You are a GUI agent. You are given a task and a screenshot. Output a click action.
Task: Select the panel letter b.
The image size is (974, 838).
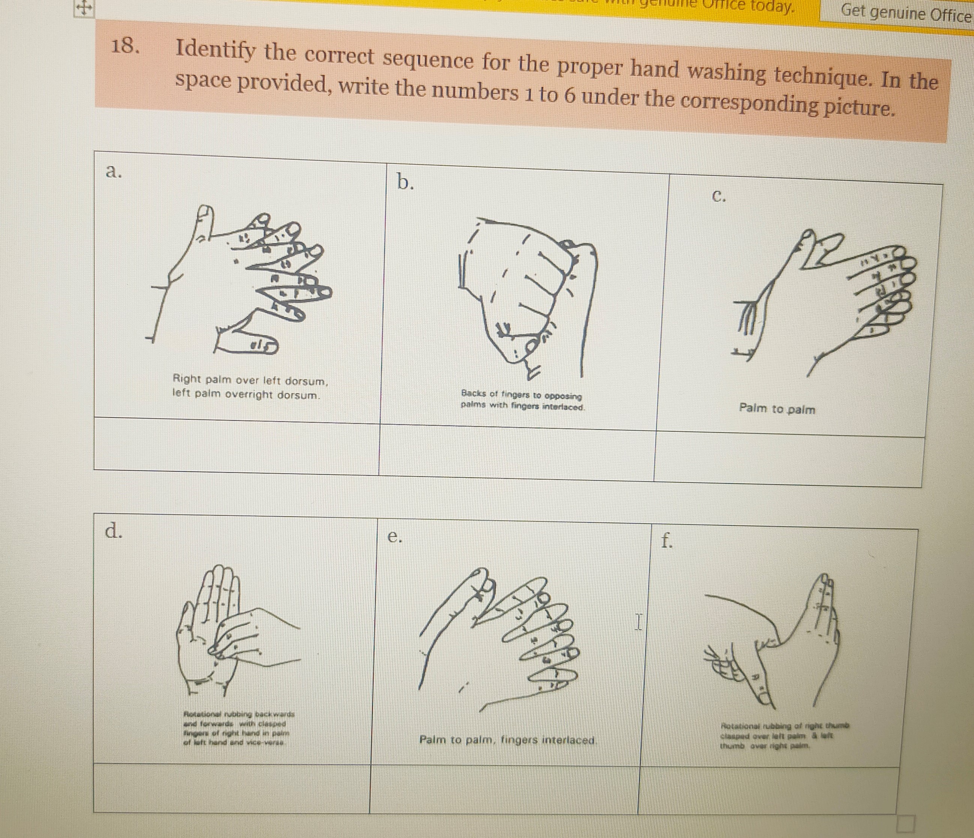click(405, 182)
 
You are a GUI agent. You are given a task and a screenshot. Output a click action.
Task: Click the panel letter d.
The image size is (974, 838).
click(113, 531)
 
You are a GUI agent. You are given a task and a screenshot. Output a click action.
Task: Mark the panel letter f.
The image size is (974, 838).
click(666, 541)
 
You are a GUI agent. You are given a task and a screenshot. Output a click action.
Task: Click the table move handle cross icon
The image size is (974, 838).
click(83, 8)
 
